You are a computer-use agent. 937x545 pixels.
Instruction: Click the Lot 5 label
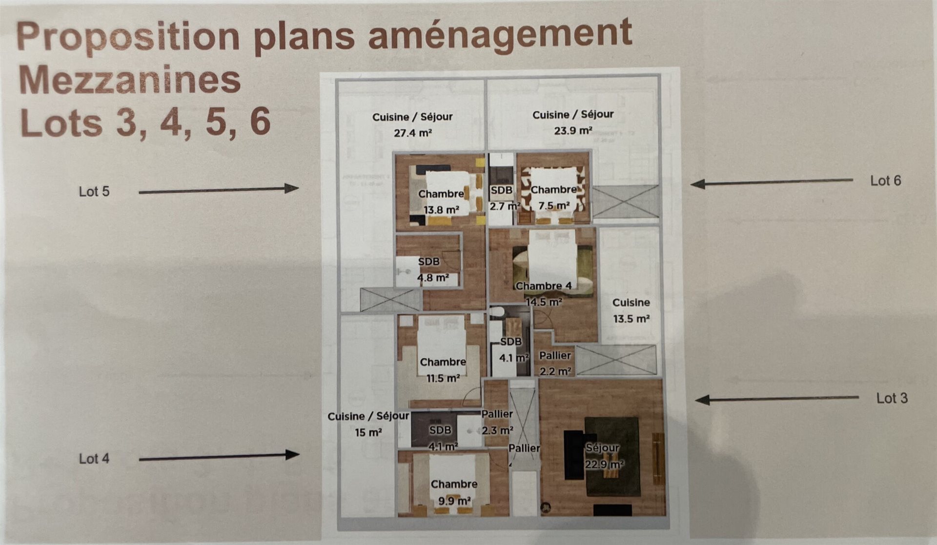point(94,192)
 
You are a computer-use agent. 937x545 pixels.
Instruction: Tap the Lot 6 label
point(885,181)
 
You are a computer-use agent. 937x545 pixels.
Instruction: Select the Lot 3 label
point(892,398)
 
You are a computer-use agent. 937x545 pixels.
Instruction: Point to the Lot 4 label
point(94,459)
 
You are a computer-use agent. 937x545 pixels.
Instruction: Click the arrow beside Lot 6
point(771,182)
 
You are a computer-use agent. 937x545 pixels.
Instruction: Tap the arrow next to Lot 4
point(219,457)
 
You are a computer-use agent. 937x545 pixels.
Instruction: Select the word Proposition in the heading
point(128,37)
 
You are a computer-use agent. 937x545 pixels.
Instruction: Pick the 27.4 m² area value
point(413,133)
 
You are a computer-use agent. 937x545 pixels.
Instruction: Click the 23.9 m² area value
point(573,131)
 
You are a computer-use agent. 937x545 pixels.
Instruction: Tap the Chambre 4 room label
point(543,286)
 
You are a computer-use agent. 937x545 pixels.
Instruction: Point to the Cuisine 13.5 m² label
point(631,310)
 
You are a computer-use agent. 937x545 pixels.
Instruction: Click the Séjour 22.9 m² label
point(603,455)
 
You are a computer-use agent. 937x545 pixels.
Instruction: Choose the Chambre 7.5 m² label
point(554,198)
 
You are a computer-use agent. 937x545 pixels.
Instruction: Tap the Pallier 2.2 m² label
point(555,363)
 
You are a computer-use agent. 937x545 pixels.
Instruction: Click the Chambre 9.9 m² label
point(454,492)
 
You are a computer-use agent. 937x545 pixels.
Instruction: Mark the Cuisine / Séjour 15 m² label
point(368,424)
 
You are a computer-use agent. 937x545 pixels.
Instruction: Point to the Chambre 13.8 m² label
point(441,202)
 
